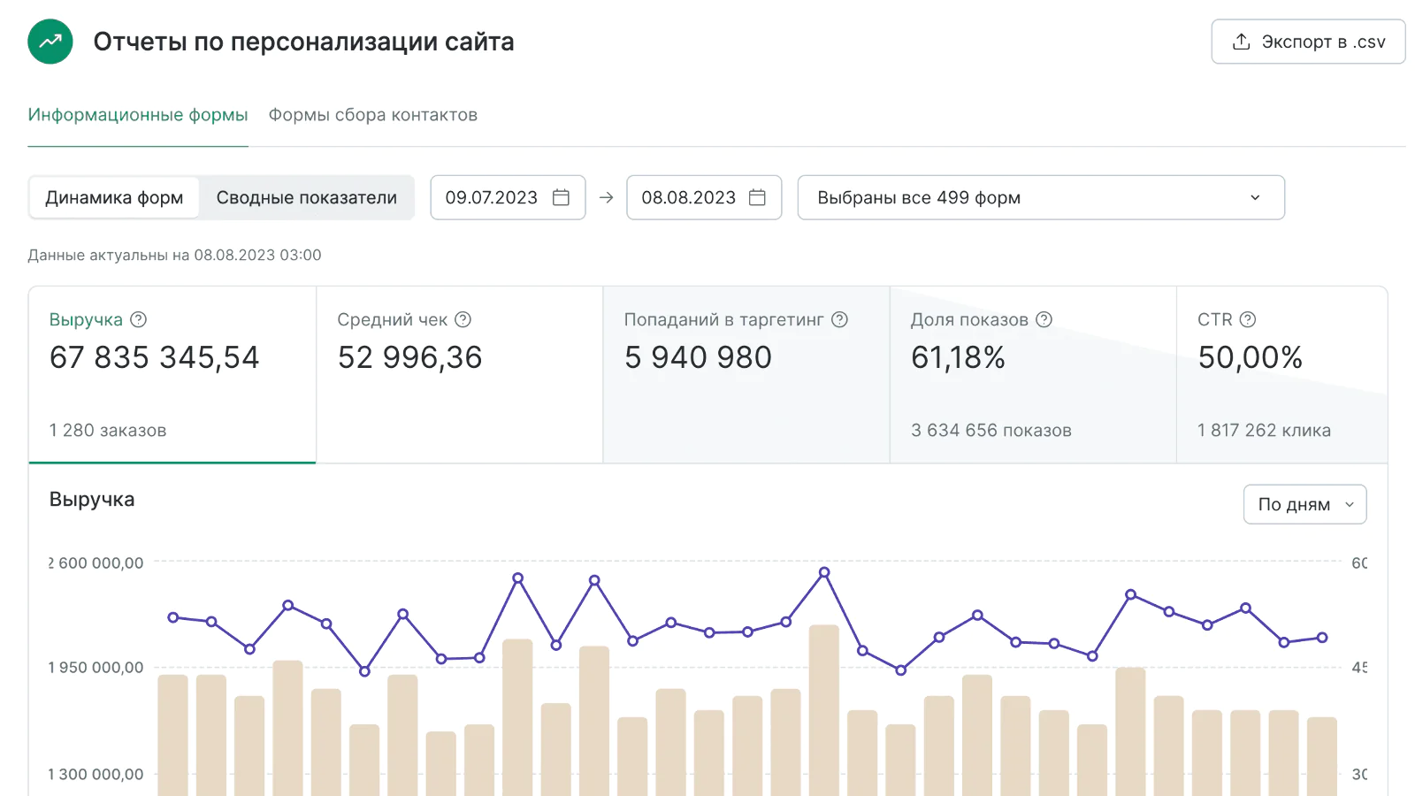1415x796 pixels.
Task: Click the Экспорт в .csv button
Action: tap(1308, 42)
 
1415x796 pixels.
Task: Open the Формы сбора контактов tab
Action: tap(372, 115)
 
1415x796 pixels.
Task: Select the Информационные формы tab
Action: tap(138, 115)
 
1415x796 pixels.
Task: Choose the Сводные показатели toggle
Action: tap(306, 197)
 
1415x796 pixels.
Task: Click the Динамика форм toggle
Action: tap(114, 197)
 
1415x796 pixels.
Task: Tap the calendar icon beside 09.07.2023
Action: tap(561, 197)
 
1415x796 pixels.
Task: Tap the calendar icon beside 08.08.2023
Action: tap(757, 197)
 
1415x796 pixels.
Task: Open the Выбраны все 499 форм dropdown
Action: tap(1040, 197)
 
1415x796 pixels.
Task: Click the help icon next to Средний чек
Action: tap(463, 319)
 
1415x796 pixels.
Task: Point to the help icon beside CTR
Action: tap(1248, 319)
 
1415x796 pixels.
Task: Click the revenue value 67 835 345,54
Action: tap(154, 357)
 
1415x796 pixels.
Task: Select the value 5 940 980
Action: tap(698, 357)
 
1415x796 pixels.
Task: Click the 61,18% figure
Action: tap(958, 357)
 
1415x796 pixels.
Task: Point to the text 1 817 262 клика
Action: tap(1264, 431)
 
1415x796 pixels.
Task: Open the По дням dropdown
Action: tap(1304, 504)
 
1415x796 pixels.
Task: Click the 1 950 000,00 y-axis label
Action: tap(96, 668)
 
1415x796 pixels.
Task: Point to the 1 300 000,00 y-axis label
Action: tap(96, 775)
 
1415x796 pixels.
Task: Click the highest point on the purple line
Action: tap(824, 572)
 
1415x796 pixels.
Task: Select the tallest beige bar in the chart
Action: tap(824, 708)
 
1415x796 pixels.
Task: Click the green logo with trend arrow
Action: tap(50, 42)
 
